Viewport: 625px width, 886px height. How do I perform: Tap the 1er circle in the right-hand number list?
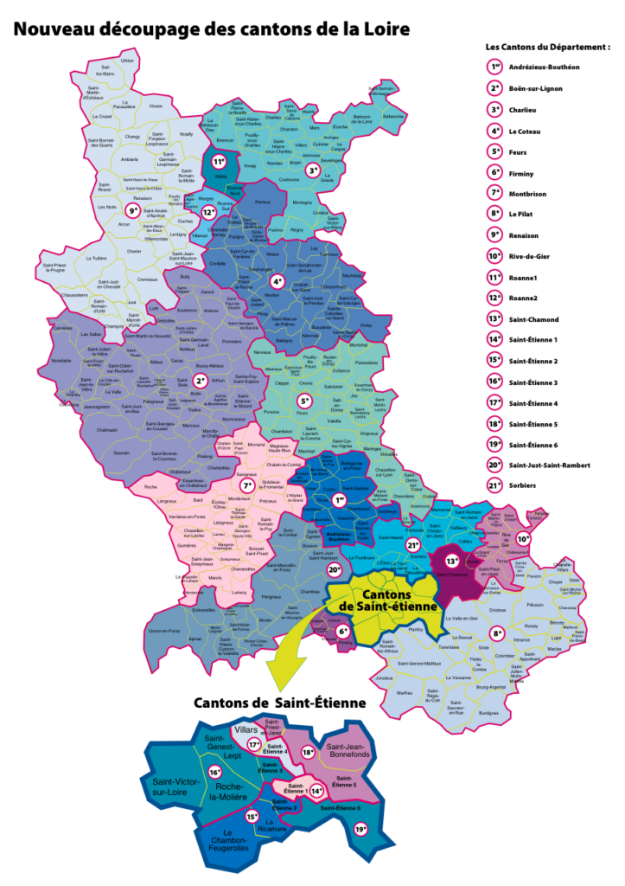494,66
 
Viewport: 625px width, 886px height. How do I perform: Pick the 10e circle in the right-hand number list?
494,255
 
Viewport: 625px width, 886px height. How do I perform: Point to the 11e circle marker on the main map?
219,162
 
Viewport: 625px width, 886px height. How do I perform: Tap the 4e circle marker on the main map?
277,281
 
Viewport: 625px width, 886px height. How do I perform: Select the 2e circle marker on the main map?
200,381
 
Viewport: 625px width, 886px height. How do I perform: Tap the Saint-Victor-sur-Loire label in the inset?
169,786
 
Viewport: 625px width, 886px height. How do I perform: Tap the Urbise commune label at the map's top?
128,61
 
